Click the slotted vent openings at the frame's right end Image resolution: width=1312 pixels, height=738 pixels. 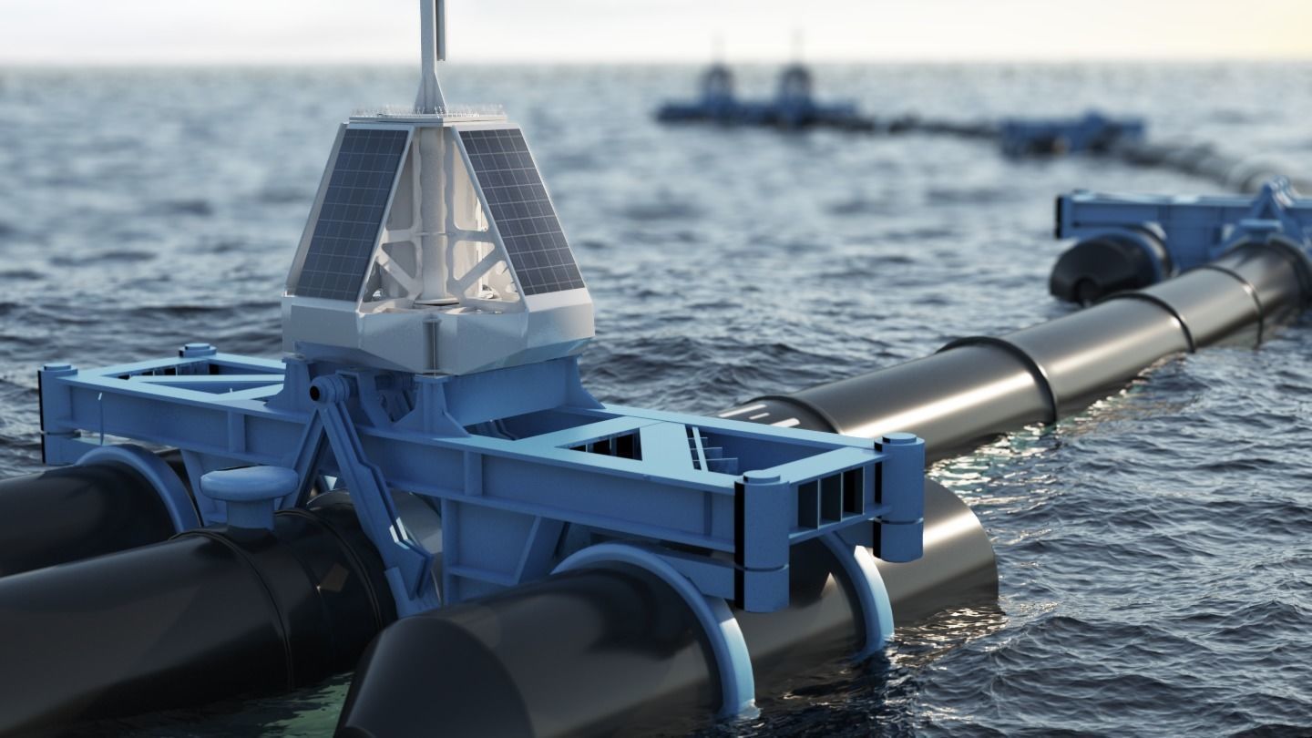[829, 497]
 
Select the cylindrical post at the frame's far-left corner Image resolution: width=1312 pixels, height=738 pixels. [56, 410]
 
